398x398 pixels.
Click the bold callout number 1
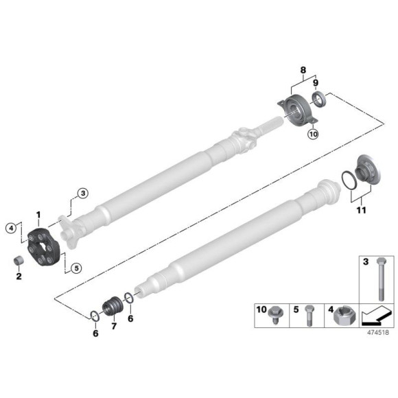pyautogui.click(x=38, y=215)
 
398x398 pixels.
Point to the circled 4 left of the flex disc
pyautogui.click(x=11, y=227)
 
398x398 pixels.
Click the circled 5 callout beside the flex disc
pyautogui.click(x=76, y=268)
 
